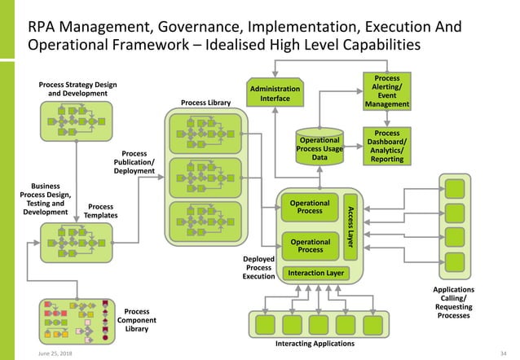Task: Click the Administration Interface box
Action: pyautogui.click(x=275, y=94)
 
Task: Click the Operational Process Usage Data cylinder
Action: pyautogui.click(x=319, y=149)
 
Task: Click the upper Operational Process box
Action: pyautogui.click(x=310, y=207)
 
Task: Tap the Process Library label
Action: pyautogui.click(x=206, y=103)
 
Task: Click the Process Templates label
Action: pyautogui.click(x=102, y=211)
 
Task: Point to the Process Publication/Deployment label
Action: pyautogui.click(x=134, y=161)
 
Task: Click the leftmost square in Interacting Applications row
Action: pyautogui.click(x=266, y=324)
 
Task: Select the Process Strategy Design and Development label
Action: pyautogui.click(x=77, y=89)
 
